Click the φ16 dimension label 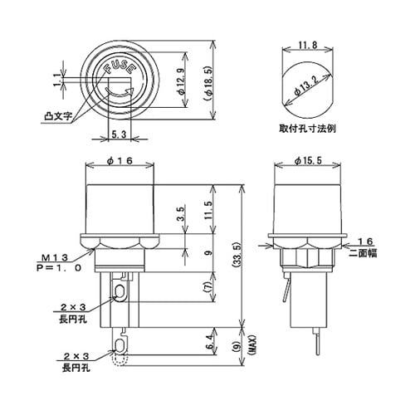point(121,160)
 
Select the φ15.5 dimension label point(309,160)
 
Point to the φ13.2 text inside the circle point(309,86)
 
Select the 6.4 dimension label point(207,339)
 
